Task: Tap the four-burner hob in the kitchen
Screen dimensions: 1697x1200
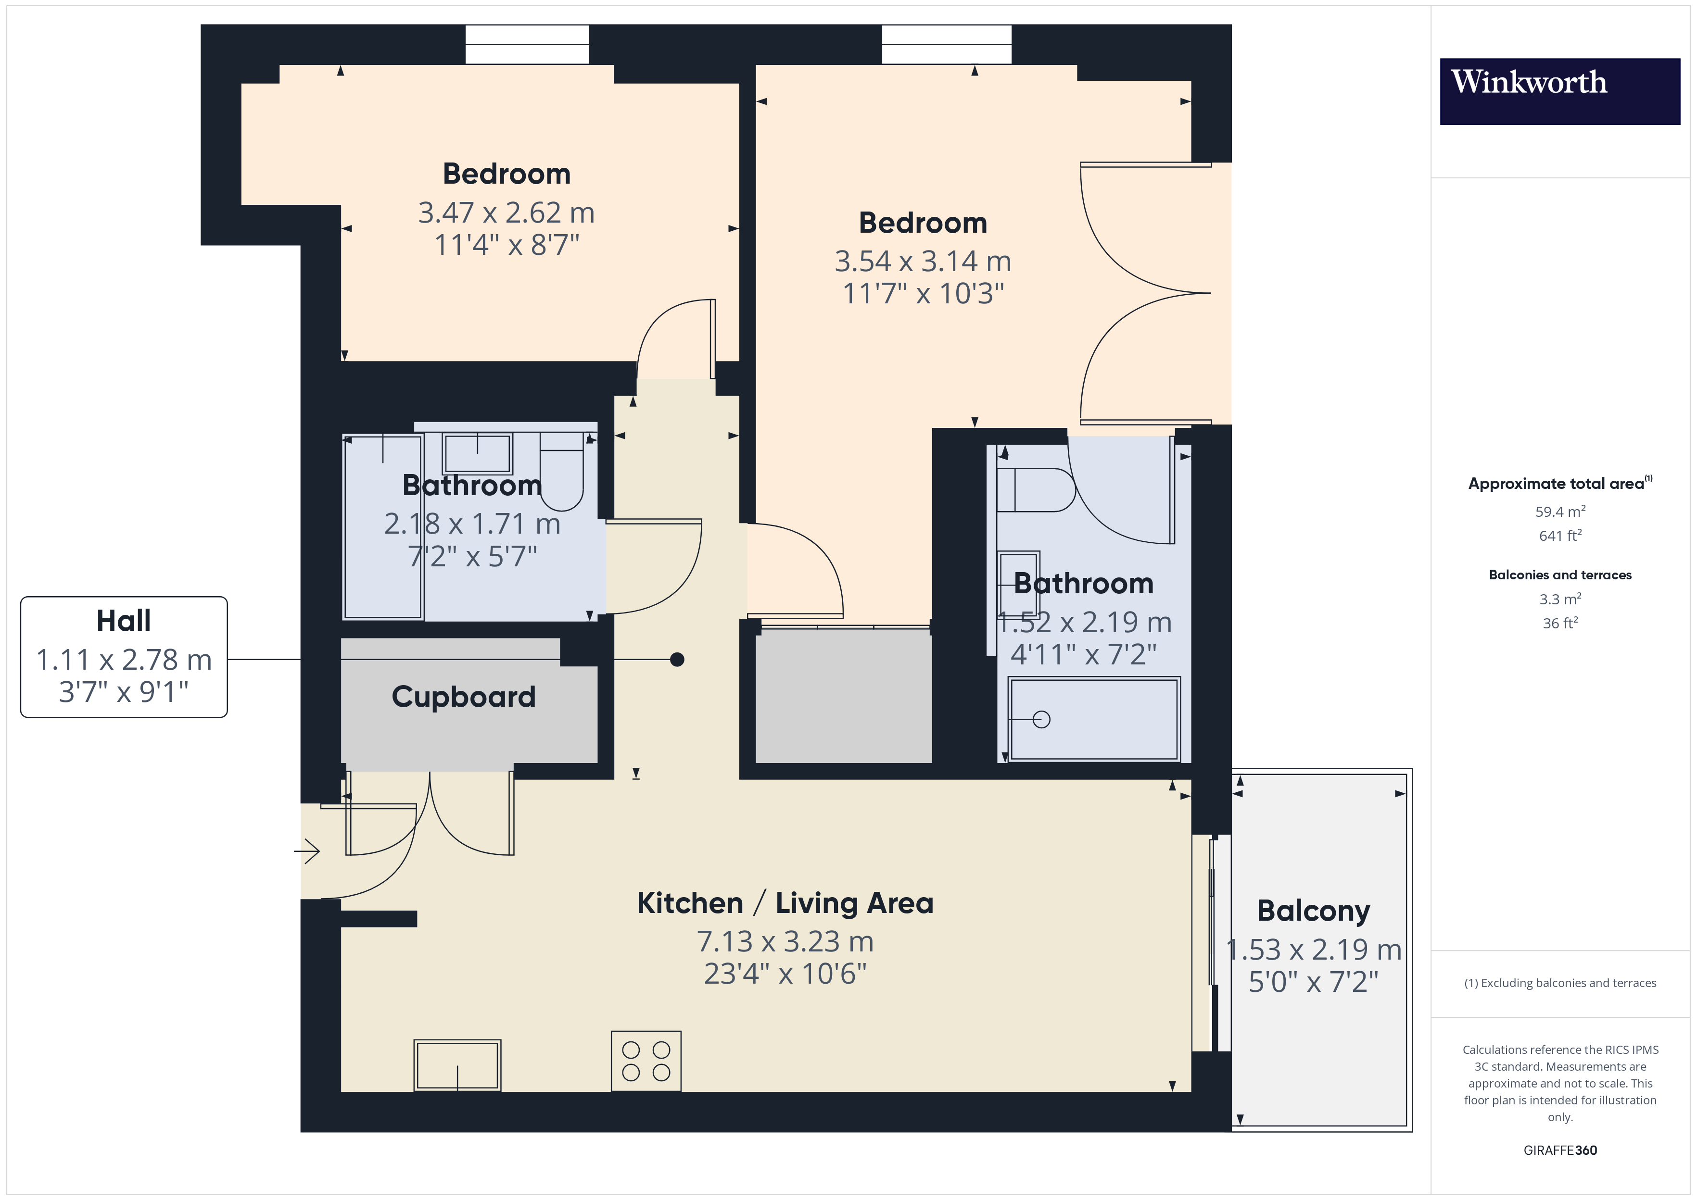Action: coord(646,1061)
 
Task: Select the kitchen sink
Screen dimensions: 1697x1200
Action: coord(457,1065)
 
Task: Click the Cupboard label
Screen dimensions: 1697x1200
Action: coord(463,697)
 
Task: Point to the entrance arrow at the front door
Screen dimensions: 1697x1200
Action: coord(307,851)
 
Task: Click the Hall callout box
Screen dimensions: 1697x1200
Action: coord(124,657)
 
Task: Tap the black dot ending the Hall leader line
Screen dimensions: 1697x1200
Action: coord(677,659)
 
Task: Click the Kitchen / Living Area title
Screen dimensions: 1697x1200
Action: coord(785,903)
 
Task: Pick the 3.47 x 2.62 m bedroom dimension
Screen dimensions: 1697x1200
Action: coord(507,213)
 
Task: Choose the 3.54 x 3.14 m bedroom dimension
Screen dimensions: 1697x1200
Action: coord(923,262)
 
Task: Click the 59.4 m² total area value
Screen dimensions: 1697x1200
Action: coord(1560,512)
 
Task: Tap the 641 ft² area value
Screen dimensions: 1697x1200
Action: coord(1560,535)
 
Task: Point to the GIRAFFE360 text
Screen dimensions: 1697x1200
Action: coord(1560,1150)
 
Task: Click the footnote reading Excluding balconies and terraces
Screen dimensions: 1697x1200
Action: coord(1560,983)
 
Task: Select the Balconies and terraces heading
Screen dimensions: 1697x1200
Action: coord(1560,575)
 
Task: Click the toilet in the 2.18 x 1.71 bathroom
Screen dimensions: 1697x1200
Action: coord(562,472)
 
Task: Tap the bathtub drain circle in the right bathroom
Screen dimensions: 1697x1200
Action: coord(1041,719)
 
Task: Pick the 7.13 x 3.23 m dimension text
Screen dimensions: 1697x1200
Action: coord(785,942)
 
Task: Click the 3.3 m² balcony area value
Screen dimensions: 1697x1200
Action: coord(1560,599)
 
